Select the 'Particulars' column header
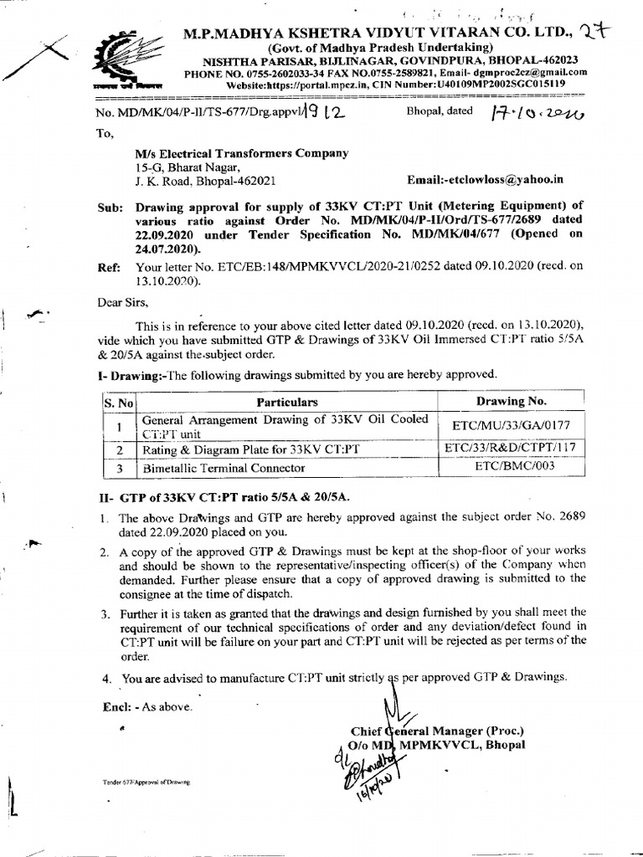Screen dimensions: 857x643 (x=287, y=402)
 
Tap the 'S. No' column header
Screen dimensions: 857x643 (x=120, y=403)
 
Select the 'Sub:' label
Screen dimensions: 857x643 (x=111, y=207)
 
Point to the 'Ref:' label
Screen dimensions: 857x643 (x=111, y=269)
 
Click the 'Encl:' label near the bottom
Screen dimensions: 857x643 (x=120, y=706)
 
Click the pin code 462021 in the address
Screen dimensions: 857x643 (x=248, y=180)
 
